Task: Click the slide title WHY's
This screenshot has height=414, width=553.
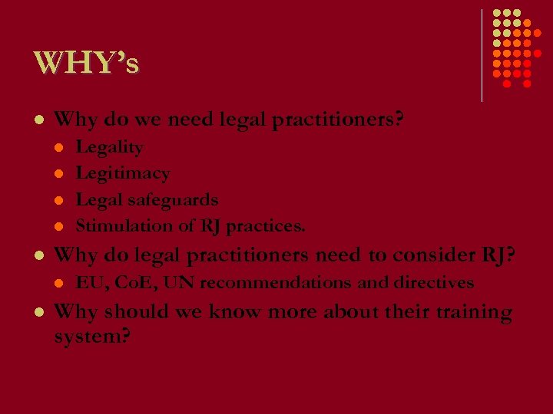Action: pyautogui.click(x=86, y=63)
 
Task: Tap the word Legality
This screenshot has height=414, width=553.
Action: pyautogui.click(x=109, y=146)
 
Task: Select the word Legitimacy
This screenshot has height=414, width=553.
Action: pyautogui.click(x=123, y=173)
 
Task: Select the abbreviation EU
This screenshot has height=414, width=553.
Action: pyautogui.click(x=91, y=282)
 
